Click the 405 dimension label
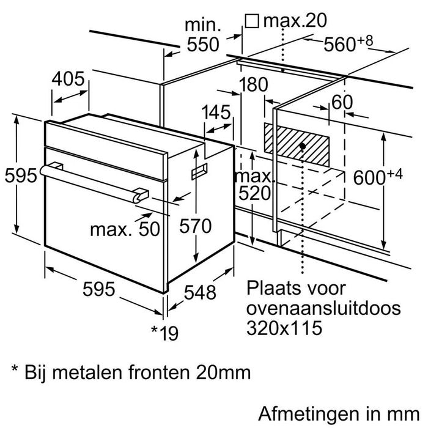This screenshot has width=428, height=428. tap(68, 79)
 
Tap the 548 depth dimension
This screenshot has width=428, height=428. tap(200, 292)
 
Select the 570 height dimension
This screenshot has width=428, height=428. tap(196, 226)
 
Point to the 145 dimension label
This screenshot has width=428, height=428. tap(216, 112)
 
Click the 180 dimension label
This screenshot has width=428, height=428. tap(253, 84)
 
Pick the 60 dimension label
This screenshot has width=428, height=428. tap(342, 102)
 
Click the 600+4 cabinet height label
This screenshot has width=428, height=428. tap(378, 176)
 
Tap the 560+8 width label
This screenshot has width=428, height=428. tap(348, 44)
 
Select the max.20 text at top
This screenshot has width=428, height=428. tap(295, 20)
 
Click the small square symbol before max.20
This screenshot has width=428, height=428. tap(252, 21)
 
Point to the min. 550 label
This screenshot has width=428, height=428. tap(203, 35)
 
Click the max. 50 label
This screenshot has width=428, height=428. tap(125, 229)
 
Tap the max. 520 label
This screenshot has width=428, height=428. tap(254, 185)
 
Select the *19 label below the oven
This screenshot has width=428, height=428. tap(165, 333)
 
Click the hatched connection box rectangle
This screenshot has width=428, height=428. tap(297, 144)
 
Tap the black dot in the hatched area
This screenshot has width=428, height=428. tap(302, 146)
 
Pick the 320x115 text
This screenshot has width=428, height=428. tap(284, 328)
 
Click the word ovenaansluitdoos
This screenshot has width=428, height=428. tap(323, 308)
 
